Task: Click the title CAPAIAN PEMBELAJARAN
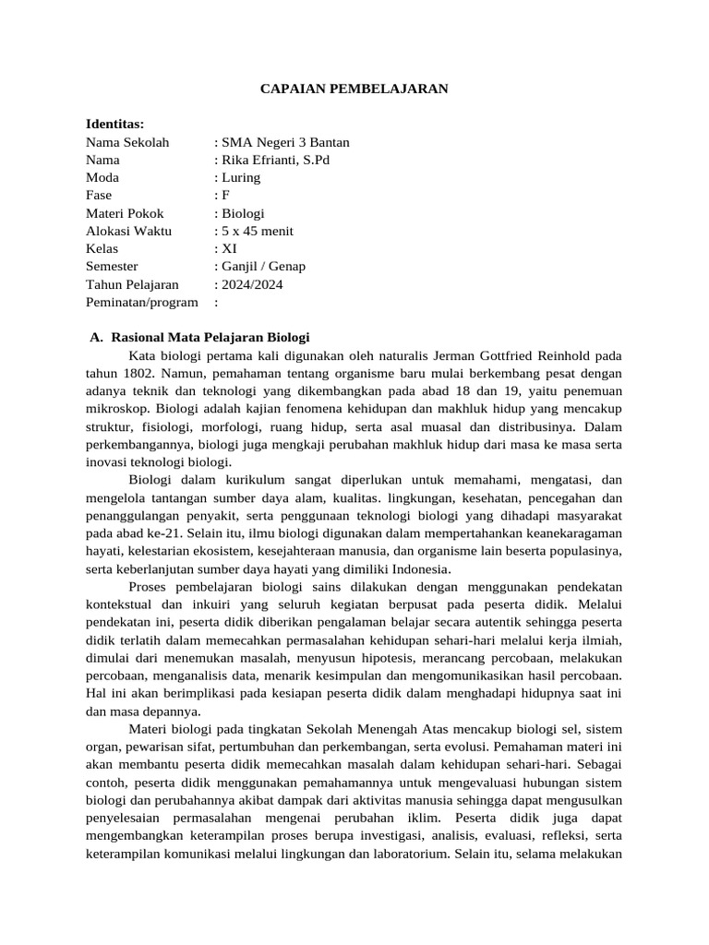354,89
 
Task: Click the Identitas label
115,124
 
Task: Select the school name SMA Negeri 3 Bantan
282,142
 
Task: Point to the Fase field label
99,196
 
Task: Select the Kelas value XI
227,248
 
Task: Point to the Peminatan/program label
142,302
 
